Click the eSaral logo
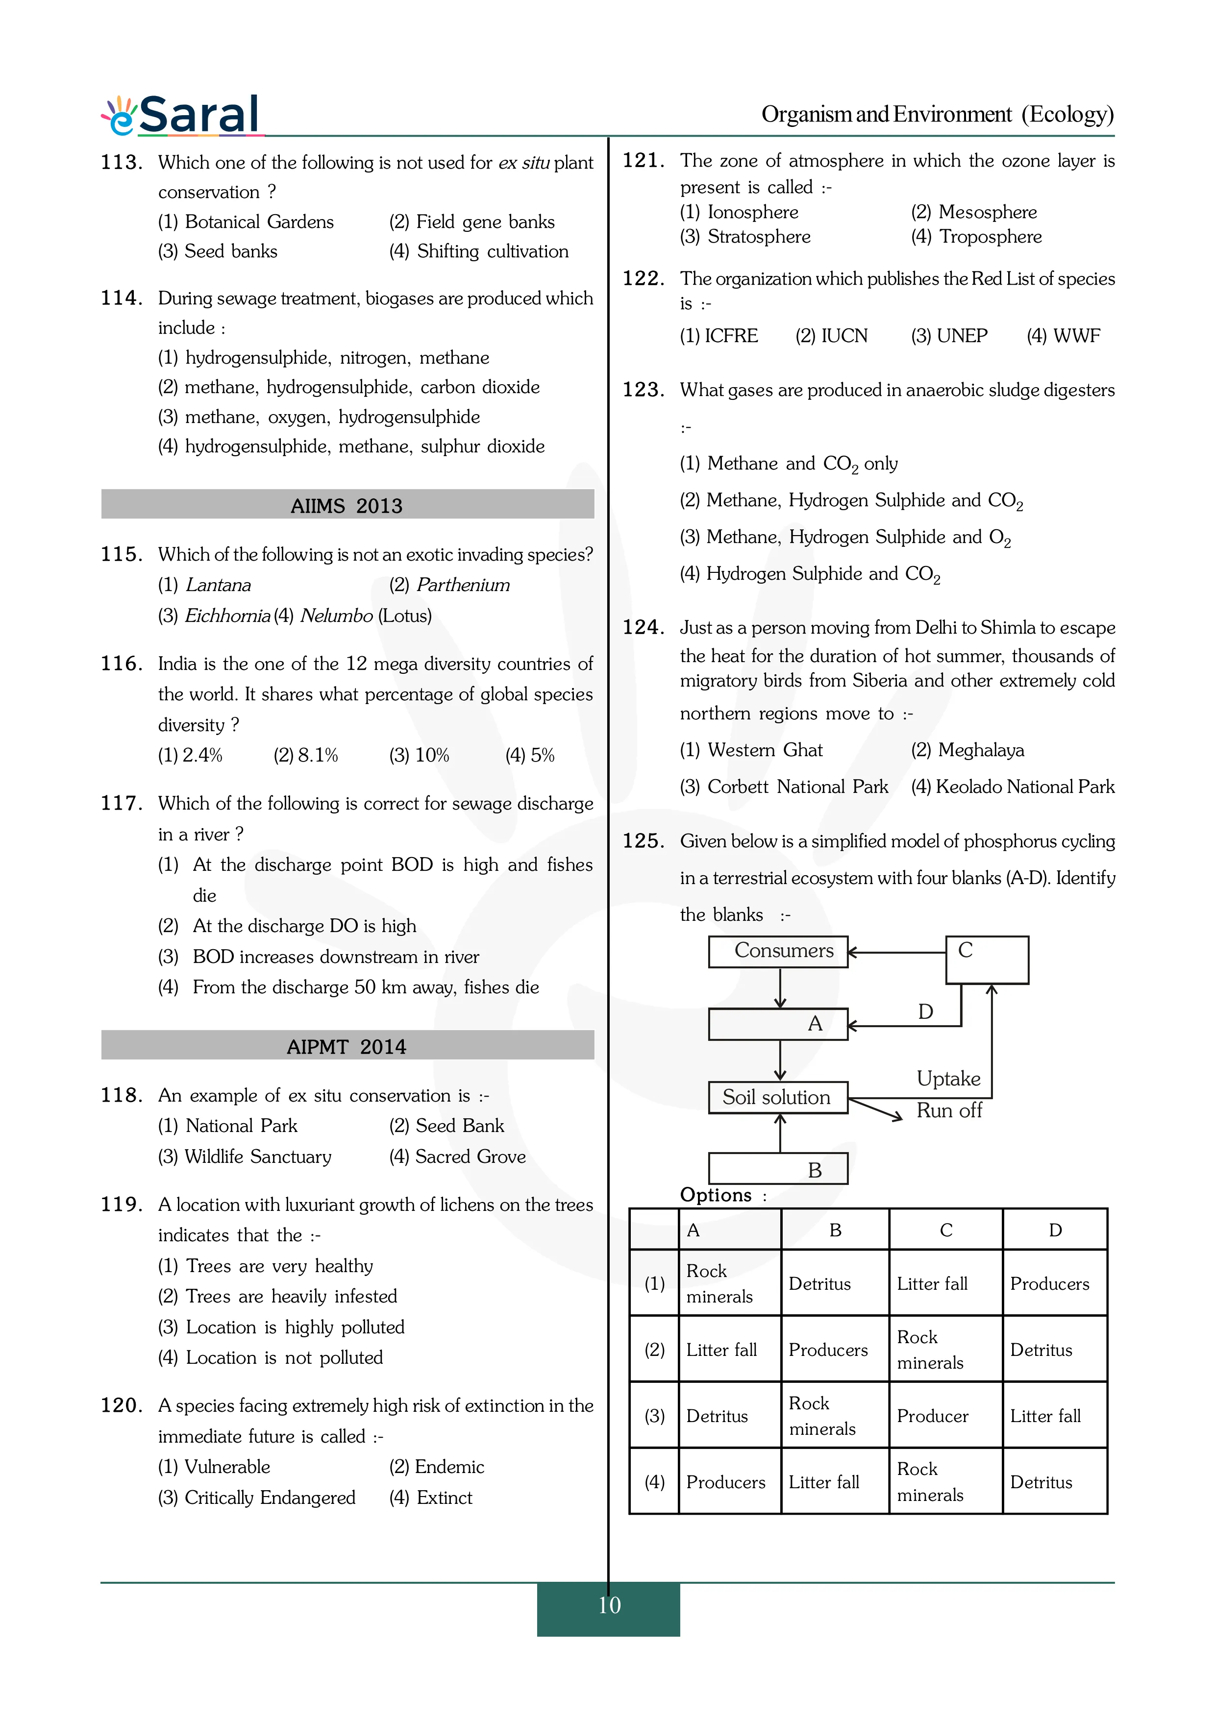click(x=182, y=115)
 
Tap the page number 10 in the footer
click(x=609, y=1605)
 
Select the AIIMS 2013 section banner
click(x=347, y=505)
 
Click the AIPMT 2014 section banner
click(x=347, y=1046)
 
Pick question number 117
click(x=121, y=803)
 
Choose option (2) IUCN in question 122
click(x=831, y=336)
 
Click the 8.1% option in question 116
click(x=305, y=756)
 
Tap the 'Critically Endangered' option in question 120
click(x=257, y=1498)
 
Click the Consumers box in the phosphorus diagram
click(x=779, y=951)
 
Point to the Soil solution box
click(x=777, y=1098)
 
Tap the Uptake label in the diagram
click(x=948, y=1079)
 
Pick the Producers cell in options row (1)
click(x=1049, y=1284)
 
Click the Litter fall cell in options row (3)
click(x=1045, y=1416)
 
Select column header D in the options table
click(x=1055, y=1230)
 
